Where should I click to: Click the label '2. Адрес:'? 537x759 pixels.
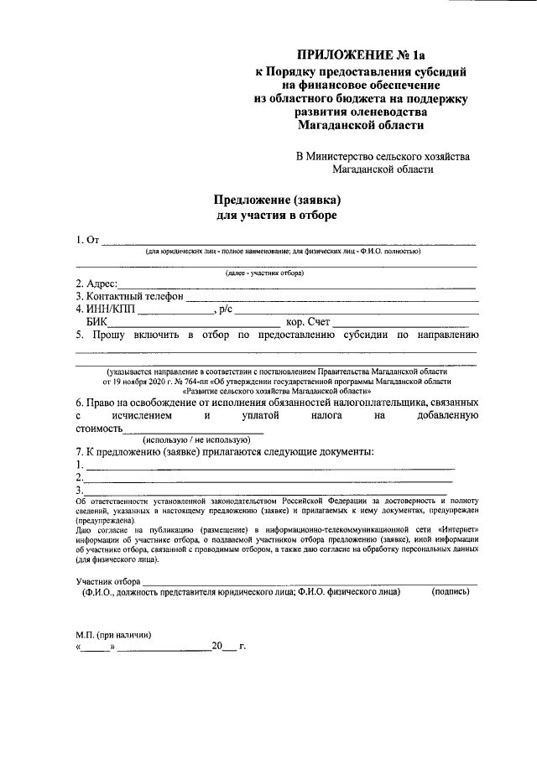click(96, 283)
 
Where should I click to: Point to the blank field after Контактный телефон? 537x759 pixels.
click(331, 298)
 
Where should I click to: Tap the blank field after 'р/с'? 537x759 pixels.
click(356, 311)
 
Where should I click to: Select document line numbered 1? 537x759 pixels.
click(268, 466)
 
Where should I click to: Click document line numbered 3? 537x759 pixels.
click(268, 491)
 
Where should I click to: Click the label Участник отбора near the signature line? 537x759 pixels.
click(107, 581)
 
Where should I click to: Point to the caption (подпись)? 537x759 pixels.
click(450, 592)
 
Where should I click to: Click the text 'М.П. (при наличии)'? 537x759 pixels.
click(114, 634)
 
